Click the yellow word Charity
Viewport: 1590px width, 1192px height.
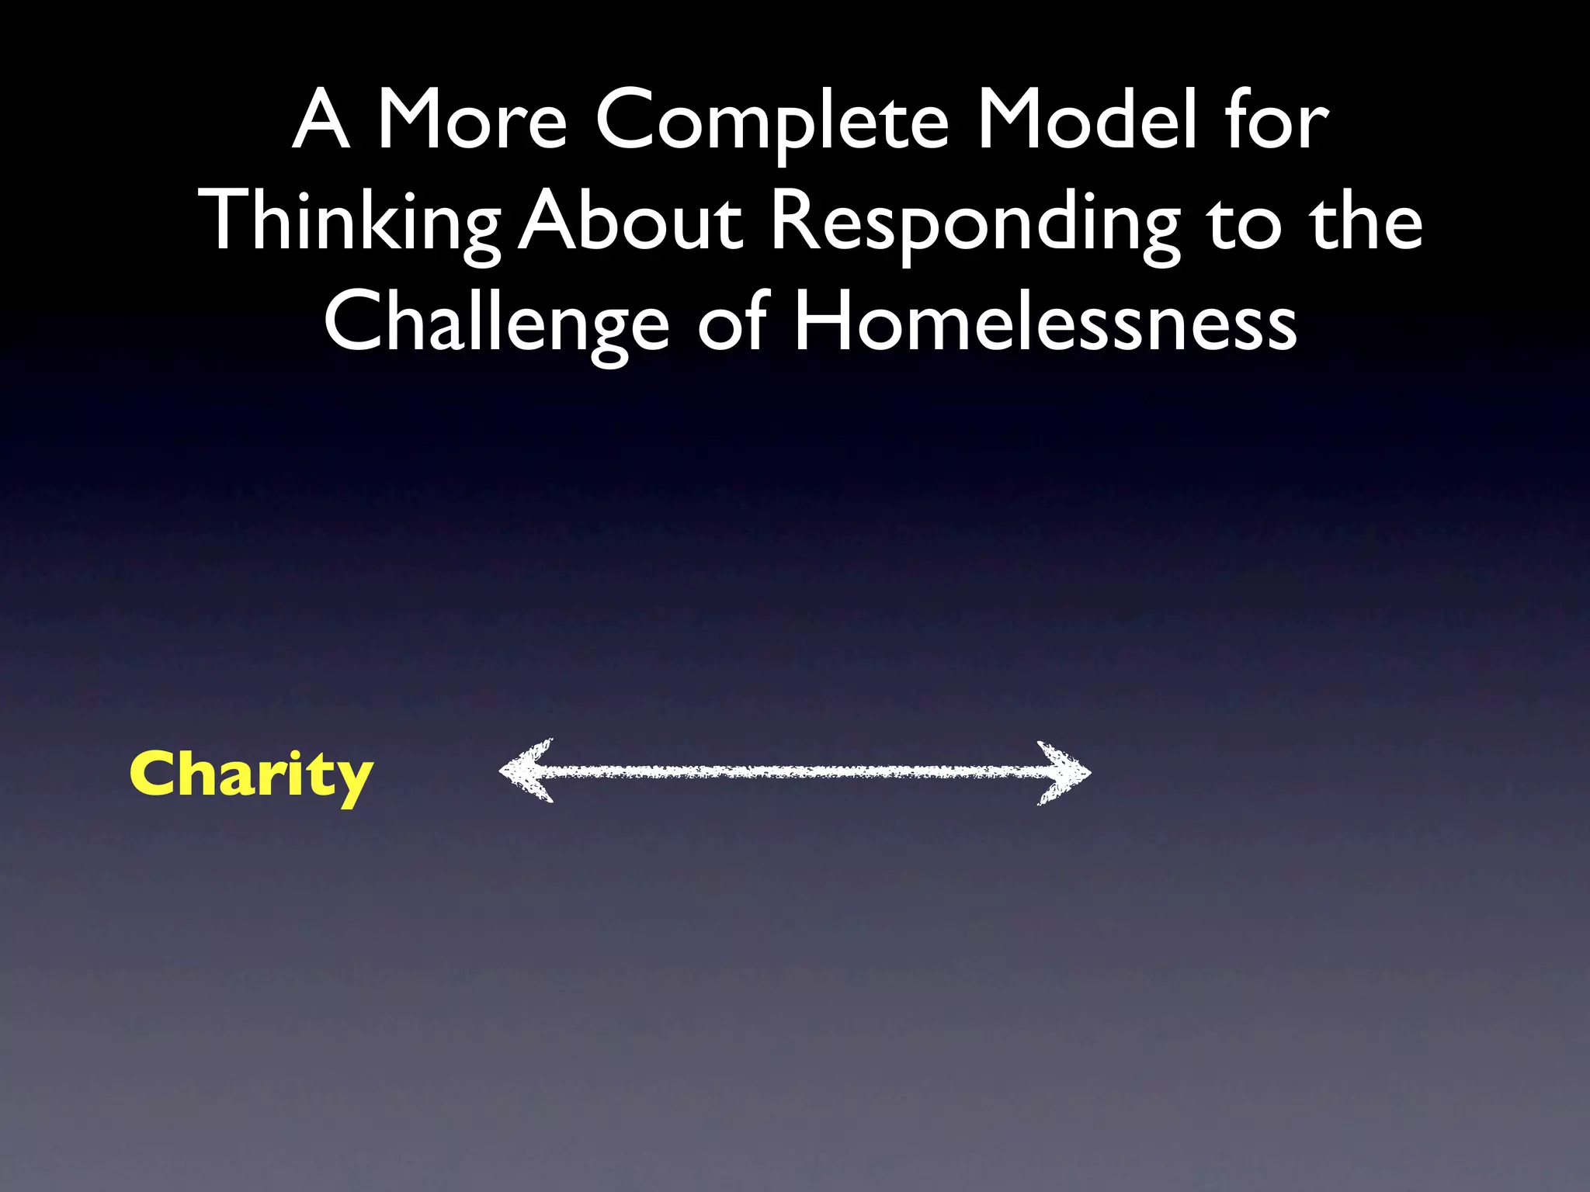(x=251, y=775)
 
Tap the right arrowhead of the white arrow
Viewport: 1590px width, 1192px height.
(x=1065, y=772)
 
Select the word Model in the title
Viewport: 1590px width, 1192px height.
(x=1087, y=120)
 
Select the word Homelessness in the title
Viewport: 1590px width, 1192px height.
(x=1045, y=322)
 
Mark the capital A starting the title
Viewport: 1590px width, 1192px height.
(x=321, y=120)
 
